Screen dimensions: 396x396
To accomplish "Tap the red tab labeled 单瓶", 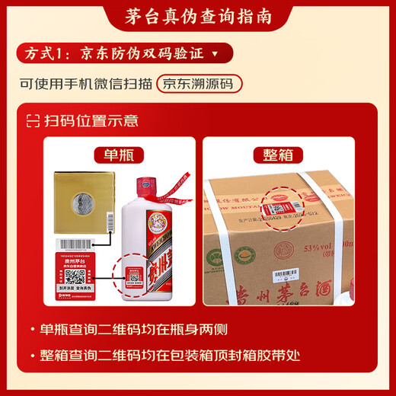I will pyautogui.click(x=114, y=155).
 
